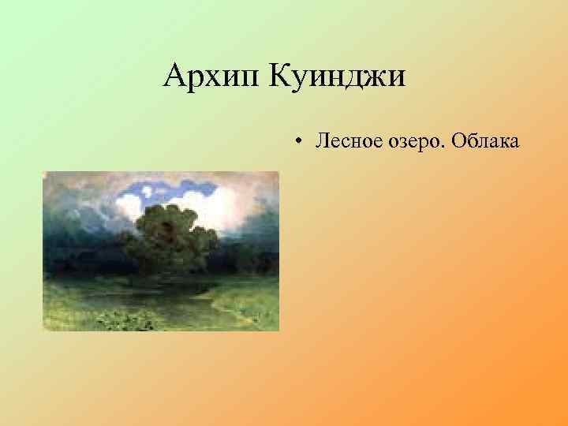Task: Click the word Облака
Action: point(484,141)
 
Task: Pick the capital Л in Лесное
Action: point(322,141)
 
